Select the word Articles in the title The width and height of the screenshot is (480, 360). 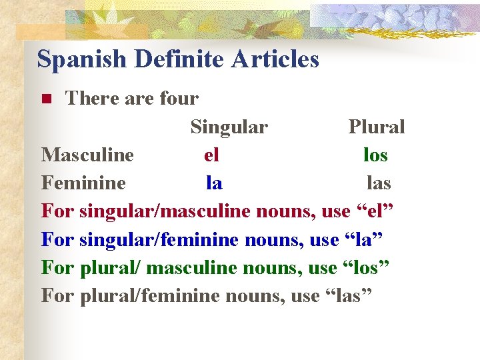[x=275, y=60]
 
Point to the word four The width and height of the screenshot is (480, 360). [x=179, y=99]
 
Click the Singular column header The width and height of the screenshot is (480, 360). [x=229, y=127]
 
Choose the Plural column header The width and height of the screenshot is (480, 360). [x=377, y=127]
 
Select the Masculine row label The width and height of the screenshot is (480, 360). [x=87, y=155]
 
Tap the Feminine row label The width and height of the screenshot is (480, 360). [x=83, y=183]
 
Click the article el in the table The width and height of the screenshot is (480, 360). [x=211, y=155]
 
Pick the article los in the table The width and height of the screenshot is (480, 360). [x=375, y=155]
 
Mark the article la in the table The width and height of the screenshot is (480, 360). [x=214, y=183]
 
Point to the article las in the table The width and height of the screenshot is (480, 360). [x=379, y=183]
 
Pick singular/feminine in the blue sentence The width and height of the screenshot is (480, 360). [x=159, y=239]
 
